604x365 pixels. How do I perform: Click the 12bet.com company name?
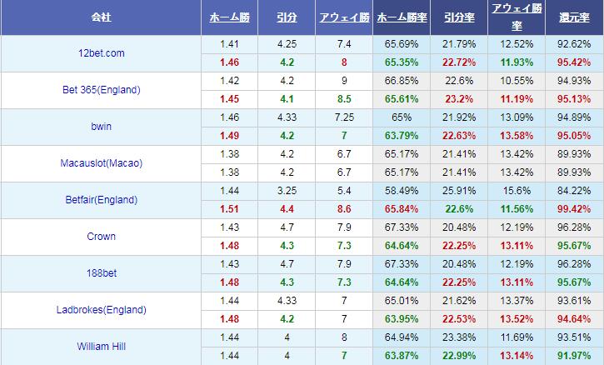tap(100, 53)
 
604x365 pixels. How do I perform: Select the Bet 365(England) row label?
tap(100, 90)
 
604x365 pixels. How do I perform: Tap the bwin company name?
tap(100, 127)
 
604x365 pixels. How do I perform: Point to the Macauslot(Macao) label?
tap(100, 163)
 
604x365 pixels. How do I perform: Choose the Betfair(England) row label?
tap(100, 200)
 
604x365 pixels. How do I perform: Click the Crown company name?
tap(100, 237)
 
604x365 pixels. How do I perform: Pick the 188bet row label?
tap(100, 273)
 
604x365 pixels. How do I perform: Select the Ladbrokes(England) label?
tap(100, 310)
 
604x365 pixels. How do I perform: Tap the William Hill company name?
tap(100, 346)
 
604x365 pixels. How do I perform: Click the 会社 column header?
tap(100, 17)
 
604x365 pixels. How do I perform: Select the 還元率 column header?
tap(574, 17)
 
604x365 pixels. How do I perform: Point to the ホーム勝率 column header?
tap(403, 17)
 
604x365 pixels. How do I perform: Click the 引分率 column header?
tap(459, 17)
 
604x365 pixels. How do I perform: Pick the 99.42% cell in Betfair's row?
tap(574, 209)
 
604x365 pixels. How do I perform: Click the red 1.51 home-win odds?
tap(229, 209)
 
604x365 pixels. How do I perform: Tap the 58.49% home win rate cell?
tap(403, 191)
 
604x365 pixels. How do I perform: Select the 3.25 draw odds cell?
tap(286, 191)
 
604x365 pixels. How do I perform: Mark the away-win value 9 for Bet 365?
tap(343, 81)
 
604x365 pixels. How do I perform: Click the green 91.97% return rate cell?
tap(574, 356)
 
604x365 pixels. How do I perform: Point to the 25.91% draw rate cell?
tap(459, 191)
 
